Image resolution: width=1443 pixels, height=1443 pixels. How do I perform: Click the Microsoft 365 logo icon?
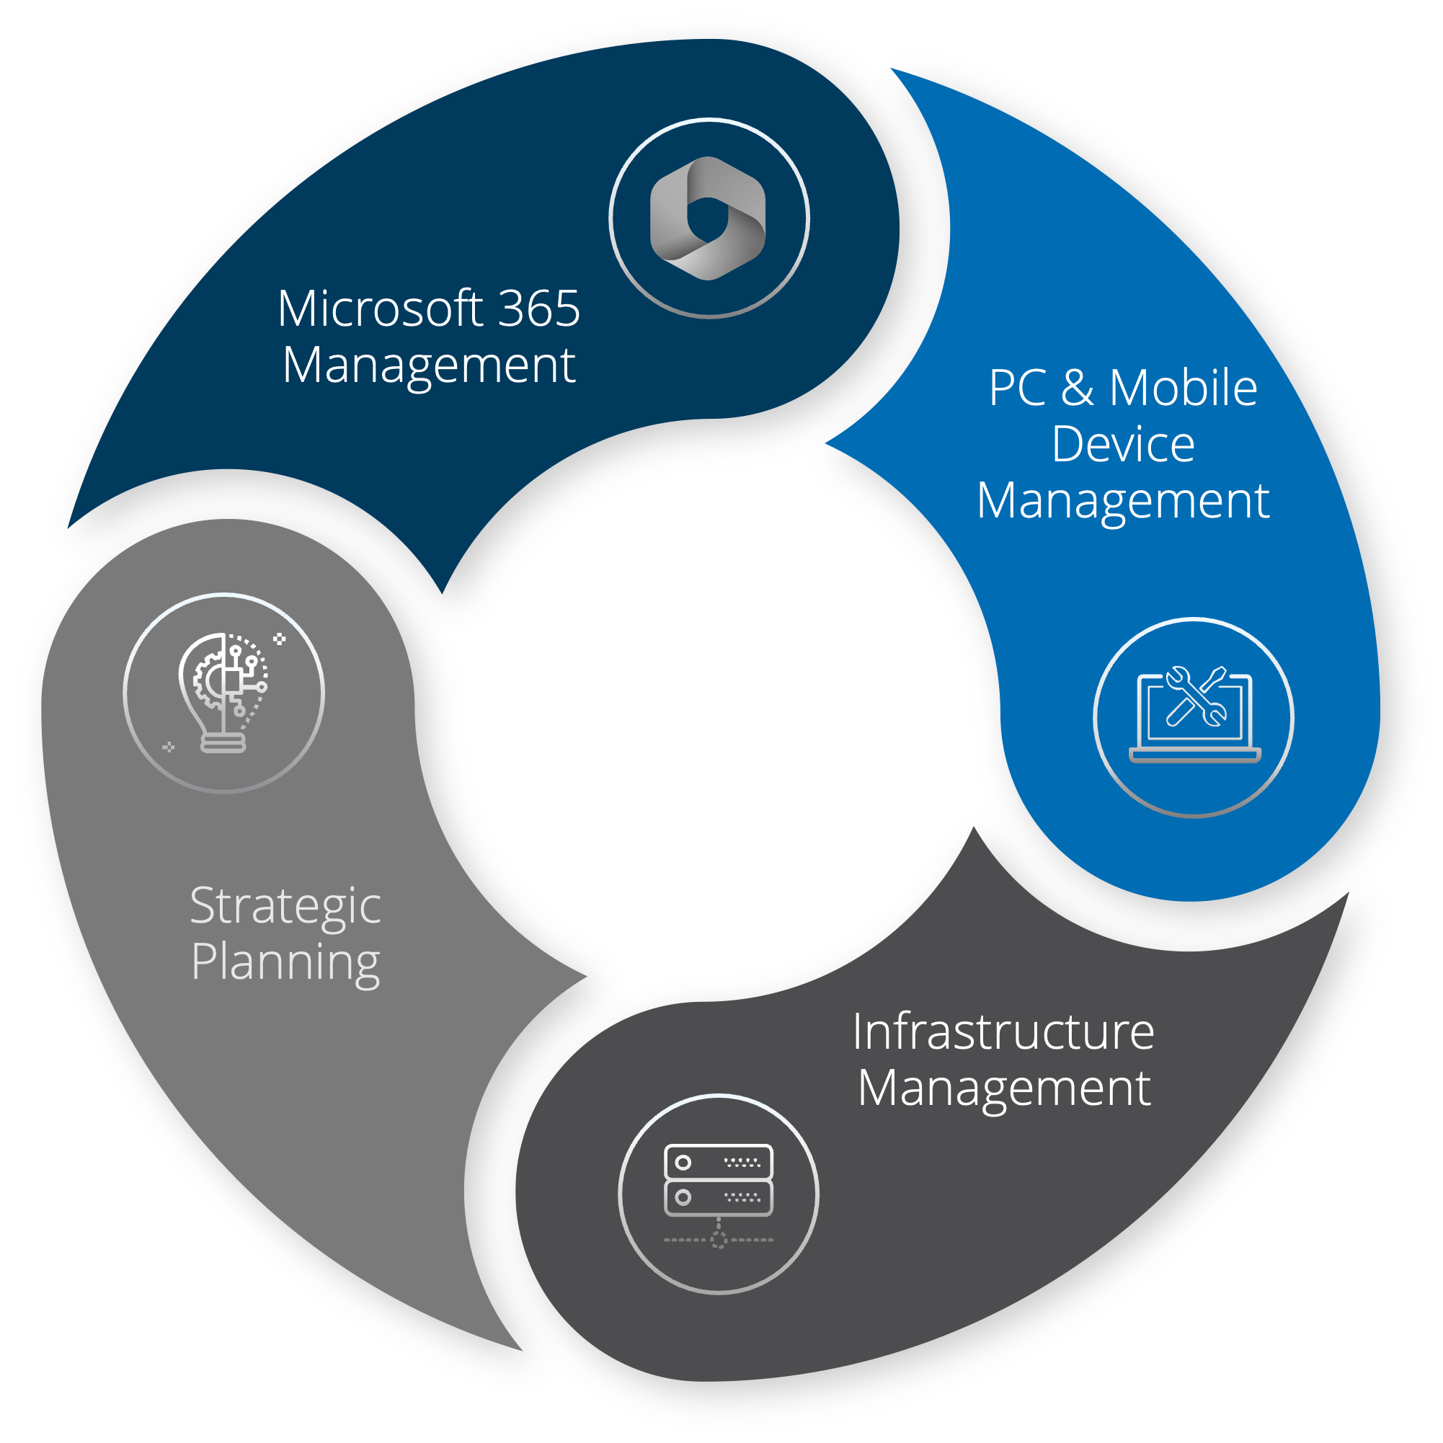[x=708, y=218]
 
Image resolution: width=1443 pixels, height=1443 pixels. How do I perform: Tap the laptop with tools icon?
[x=1194, y=716]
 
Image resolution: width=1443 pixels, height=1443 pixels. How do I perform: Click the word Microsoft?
[x=380, y=308]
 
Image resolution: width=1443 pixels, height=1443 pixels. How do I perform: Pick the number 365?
[x=538, y=308]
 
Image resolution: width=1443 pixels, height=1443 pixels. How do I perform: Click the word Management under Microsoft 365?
[x=429, y=366]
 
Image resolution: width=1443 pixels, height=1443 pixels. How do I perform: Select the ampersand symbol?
[x=1077, y=388]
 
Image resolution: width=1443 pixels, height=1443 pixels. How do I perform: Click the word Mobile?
[x=1183, y=388]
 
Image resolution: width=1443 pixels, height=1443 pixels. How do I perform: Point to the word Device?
[x=1122, y=445]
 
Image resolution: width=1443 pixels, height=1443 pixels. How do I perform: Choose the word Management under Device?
[x=1122, y=502]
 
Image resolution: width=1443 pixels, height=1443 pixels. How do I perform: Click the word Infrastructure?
[x=1003, y=1031]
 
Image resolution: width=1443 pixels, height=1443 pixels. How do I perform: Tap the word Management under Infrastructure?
[x=1003, y=1089]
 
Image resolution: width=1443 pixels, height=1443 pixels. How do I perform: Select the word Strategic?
[x=285, y=907]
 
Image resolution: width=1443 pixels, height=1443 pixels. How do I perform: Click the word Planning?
[x=285, y=964]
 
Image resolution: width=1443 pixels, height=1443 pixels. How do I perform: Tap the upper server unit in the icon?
[x=719, y=1162]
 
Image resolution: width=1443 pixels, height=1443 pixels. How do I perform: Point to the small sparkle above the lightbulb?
[x=280, y=639]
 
